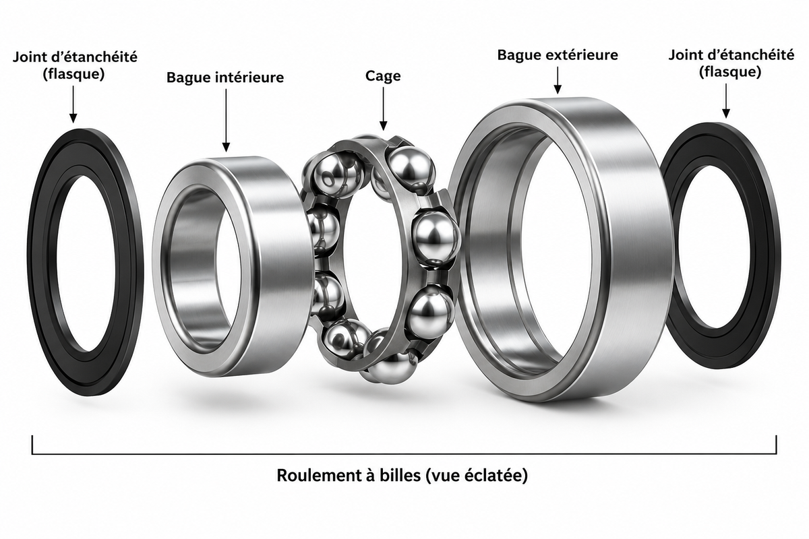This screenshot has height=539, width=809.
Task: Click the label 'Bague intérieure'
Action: pos(225,77)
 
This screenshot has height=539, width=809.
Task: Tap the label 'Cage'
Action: pos(383,76)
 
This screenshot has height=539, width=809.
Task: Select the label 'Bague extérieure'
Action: pos(558,55)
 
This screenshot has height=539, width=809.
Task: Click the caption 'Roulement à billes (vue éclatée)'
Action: pos(402,476)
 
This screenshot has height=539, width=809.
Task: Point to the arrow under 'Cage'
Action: pos(383,108)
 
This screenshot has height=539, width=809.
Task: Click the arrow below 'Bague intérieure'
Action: pos(226,120)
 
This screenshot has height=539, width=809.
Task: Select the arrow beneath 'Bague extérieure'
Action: pos(558,80)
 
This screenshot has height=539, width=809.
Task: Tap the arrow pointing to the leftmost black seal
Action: pos(73,104)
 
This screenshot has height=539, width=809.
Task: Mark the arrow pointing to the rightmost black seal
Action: pos(726,100)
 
